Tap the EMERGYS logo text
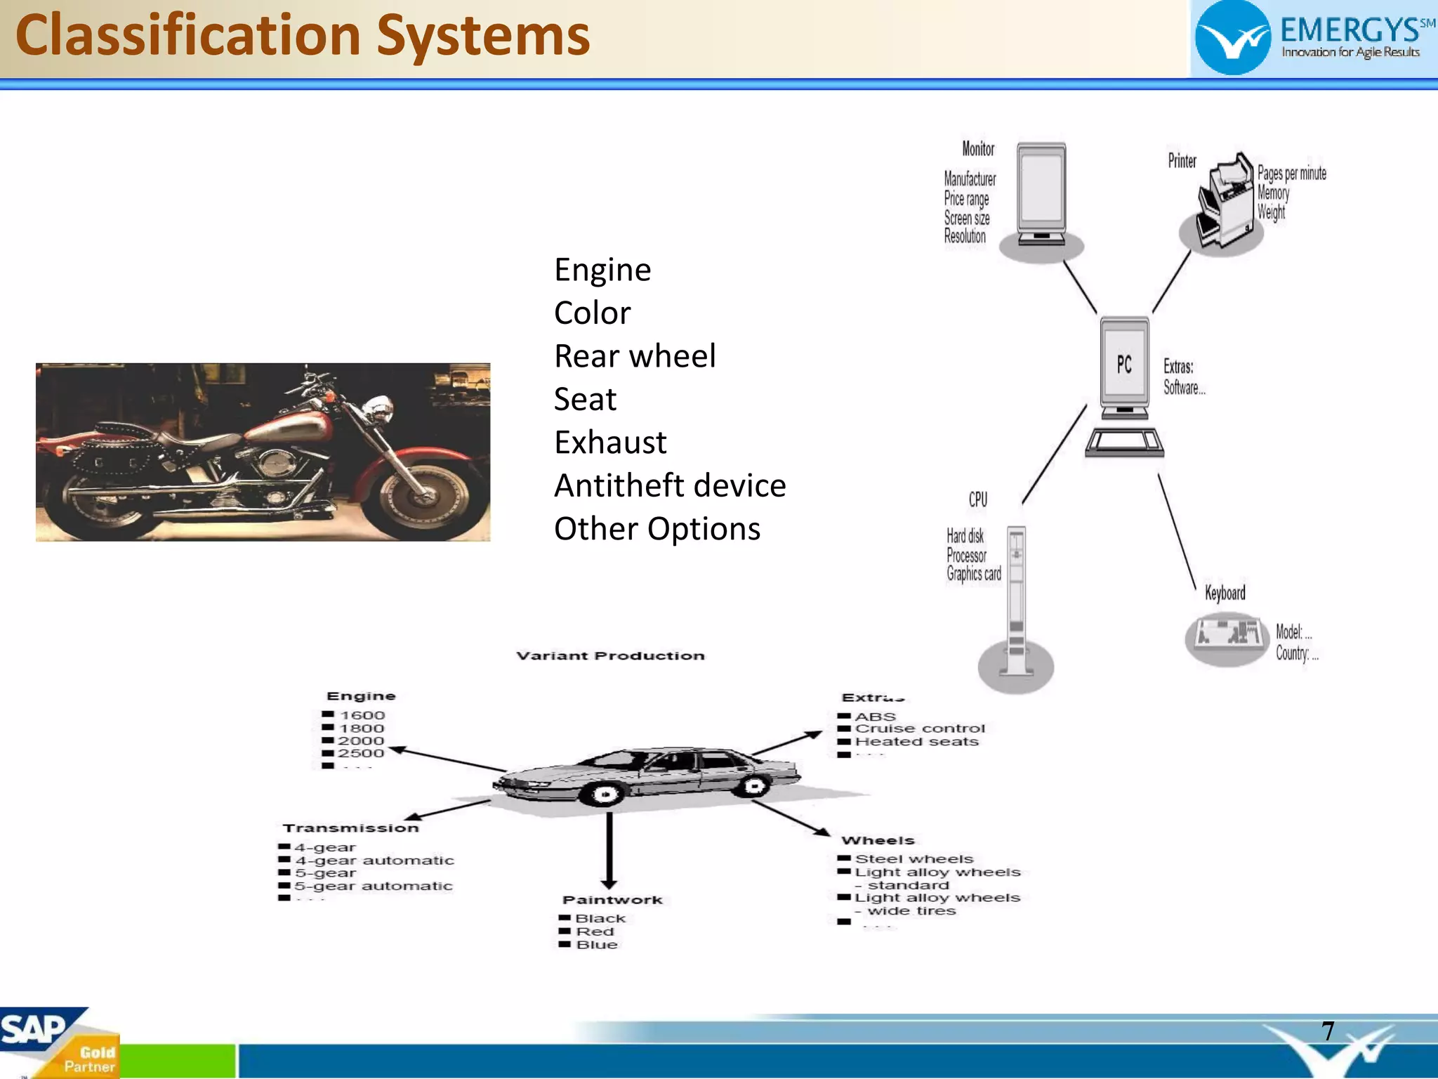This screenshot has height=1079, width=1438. [x=1349, y=31]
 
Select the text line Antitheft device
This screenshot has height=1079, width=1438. [x=669, y=485]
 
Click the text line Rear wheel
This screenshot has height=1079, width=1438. [x=634, y=356]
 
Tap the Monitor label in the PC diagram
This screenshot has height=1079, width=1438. [x=978, y=149]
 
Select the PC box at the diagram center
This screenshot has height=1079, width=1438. [x=1124, y=365]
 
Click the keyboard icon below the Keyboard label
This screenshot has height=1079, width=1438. [x=1226, y=636]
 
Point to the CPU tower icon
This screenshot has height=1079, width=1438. [x=1016, y=604]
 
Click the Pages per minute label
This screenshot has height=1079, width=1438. [x=1291, y=174]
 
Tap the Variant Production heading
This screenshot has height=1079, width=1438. [x=610, y=655]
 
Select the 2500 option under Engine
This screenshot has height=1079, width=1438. [x=361, y=753]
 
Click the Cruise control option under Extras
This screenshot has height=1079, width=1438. [x=919, y=728]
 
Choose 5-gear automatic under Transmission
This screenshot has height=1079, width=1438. [x=374, y=886]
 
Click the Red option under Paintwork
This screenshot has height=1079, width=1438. [x=595, y=931]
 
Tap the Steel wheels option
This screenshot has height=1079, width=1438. [x=913, y=858]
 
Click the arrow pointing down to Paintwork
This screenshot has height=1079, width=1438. [x=609, y=850]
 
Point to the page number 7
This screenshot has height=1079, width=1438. [x=1328, y=1031]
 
